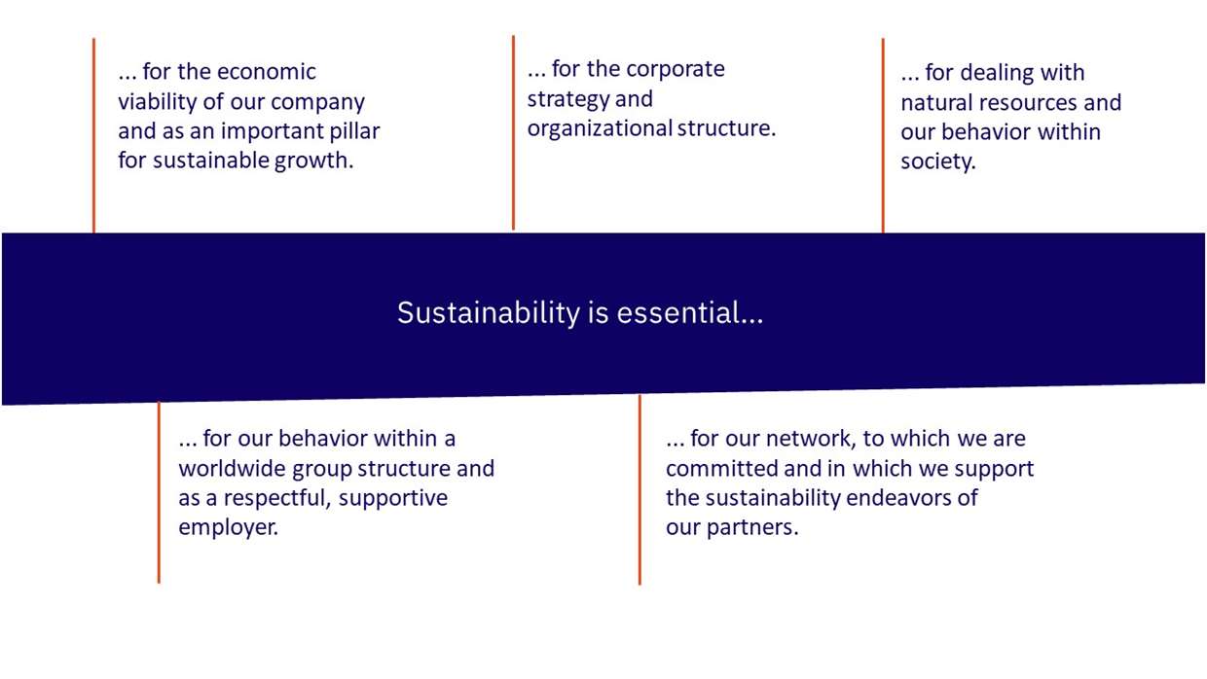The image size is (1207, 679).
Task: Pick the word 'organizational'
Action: [600, 128]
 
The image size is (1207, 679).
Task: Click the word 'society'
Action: [937, 161]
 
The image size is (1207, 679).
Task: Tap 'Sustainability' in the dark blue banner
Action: [489, 313]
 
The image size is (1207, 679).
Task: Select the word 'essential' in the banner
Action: [690, 312]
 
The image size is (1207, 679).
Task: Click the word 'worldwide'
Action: [233, 469]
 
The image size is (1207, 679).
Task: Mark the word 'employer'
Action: [228, 527]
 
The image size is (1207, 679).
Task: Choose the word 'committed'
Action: [721, 469]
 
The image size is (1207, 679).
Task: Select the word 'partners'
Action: [752, 527]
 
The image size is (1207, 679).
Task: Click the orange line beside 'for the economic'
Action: [93, 135]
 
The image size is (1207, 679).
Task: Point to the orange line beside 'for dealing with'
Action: [883, 135]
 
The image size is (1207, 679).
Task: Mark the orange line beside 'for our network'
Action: [640, 490]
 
